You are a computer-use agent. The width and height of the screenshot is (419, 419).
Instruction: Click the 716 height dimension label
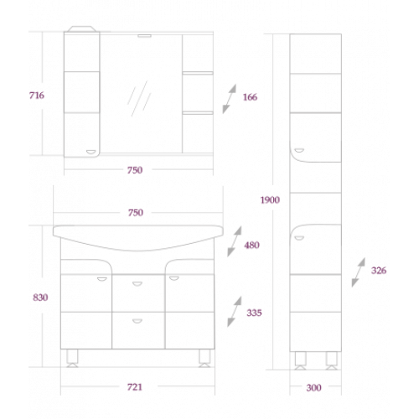37,96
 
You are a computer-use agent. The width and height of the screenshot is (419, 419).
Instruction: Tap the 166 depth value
250,97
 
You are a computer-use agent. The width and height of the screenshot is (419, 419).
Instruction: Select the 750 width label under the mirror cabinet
135,170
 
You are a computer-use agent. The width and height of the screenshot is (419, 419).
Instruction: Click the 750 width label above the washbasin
136,213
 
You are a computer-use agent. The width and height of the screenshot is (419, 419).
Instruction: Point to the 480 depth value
251,245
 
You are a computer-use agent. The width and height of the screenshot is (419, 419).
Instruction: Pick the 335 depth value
254,313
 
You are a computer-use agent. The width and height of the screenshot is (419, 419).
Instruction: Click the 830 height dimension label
40,297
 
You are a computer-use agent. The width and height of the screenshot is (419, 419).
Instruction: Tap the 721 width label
135,387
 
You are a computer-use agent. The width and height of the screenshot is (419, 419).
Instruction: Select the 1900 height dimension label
270,199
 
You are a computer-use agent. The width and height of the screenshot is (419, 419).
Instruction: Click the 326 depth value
379,270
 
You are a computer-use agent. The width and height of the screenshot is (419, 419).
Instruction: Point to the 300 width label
313,387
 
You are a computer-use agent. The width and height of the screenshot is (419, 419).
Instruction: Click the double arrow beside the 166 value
230,99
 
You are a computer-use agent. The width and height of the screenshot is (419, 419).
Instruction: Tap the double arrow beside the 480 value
235,241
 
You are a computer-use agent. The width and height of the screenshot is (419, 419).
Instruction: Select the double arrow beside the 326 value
359,272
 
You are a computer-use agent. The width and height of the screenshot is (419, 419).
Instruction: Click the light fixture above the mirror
144,36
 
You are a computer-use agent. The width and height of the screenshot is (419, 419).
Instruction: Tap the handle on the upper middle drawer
137,284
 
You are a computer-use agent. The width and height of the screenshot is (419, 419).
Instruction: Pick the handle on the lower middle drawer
137,321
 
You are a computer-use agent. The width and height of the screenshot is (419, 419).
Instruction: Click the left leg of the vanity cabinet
72,358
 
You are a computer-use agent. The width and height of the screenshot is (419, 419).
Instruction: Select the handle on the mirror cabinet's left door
91,152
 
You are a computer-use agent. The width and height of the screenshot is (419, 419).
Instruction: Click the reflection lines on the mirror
139,98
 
